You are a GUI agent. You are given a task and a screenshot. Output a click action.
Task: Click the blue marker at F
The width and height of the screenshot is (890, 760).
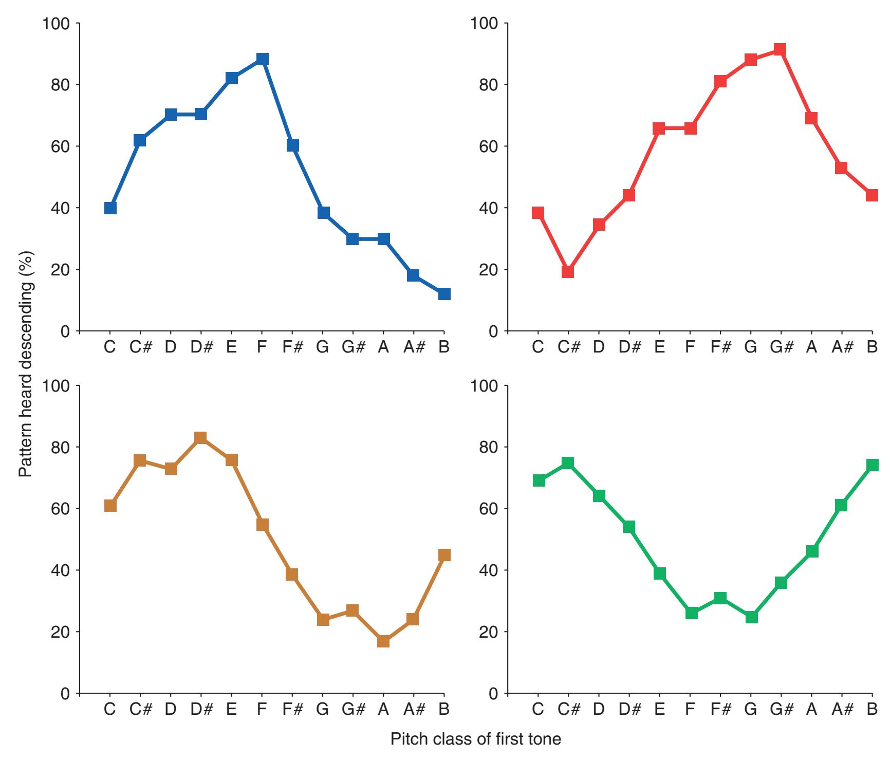point(262,59)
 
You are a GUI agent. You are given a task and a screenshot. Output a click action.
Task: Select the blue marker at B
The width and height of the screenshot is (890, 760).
point(444,294)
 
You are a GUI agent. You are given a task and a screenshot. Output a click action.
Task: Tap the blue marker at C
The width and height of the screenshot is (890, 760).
point(110,208)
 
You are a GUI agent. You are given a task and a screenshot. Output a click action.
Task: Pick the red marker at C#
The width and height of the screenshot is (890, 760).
point(568,271)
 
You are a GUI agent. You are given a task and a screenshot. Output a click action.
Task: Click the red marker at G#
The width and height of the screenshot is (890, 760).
point(780,50)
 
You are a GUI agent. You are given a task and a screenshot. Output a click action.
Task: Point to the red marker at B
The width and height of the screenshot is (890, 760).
point(872,195)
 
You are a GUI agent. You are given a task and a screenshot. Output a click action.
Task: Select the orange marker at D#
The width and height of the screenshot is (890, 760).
point(201,438)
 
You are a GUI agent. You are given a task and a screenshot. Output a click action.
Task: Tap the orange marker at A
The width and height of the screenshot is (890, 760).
point(383,641)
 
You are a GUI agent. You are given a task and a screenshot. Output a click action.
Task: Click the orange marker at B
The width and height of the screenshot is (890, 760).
point(444,555)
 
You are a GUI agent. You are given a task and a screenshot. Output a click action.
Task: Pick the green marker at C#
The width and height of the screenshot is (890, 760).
point(568,463)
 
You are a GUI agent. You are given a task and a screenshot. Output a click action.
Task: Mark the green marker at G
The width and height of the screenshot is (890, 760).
point(751,617)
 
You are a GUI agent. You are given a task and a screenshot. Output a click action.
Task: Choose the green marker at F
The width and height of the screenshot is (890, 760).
point(692,613)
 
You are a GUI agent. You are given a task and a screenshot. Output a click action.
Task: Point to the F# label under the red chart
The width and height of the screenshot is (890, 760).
point(720,347)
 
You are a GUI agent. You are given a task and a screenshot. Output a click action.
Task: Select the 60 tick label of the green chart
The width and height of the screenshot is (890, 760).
point(490,509)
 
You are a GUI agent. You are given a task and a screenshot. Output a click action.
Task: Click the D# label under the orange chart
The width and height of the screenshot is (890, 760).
point(201,710)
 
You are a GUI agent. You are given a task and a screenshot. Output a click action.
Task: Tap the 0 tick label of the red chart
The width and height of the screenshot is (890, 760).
point(494,331)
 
